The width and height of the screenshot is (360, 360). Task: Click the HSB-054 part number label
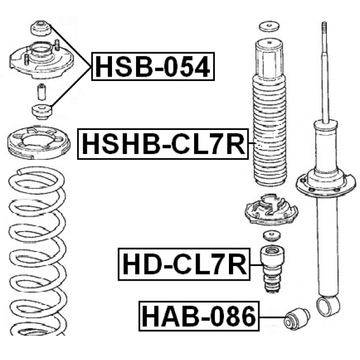[153, 66]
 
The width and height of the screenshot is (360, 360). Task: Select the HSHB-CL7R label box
[163, 144]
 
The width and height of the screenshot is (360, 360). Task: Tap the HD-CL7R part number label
[184, 264]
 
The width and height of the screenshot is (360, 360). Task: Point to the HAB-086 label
[199, 316]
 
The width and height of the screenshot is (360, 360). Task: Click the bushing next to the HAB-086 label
[297, 319]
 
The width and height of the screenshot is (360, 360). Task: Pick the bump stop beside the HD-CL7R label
[272, 269]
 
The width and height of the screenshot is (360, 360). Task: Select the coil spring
[38, 250]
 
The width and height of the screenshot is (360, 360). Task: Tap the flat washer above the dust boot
[269, 27]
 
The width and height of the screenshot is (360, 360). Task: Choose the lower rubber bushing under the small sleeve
[42, 111]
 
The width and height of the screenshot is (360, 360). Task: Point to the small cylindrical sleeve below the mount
[41, 92]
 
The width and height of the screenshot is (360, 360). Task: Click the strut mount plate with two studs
[41, 60]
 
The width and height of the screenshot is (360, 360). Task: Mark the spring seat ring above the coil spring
[39, 143]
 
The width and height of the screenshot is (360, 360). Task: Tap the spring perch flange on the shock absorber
[326, 184]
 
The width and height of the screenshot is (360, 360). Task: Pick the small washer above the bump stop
[272, 236]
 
